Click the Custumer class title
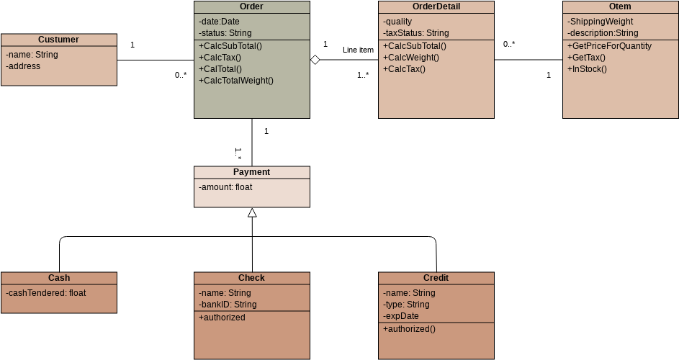coord(58,40)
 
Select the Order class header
coord(251,6)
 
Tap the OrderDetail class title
coord(436,6)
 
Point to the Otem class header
coord(620,6)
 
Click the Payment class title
coord(251,172)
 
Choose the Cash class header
coord(58,278)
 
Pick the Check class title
coord(251,278)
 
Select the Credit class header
coord(436,278)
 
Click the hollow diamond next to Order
coord(315,60)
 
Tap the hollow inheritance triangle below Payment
coord(252,212)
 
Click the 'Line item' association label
coord(358,50)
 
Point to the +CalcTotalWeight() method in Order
coord(236,81)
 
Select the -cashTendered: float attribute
coord(46,293)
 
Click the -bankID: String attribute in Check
coord(228,305)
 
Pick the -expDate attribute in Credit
coord(401,316)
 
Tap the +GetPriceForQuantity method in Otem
coord(610,46)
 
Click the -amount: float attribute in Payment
coord(225,187)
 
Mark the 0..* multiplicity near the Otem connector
coord(509,44)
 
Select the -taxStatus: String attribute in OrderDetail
coord(416,33)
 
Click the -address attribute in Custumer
coord(23,66)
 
